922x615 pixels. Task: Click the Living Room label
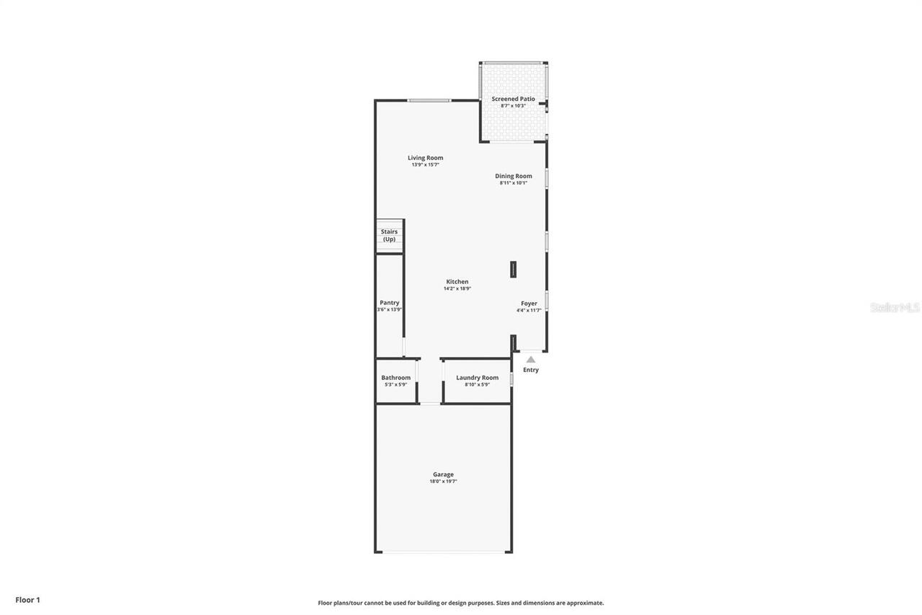[x=425, y=158]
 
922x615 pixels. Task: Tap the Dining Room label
[x=513, y=176]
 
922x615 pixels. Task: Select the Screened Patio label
[x=513, y=99]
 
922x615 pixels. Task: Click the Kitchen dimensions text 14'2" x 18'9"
[x=457, y=288]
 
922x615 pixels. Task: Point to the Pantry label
[x=389, y=303]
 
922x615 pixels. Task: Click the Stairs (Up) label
[x=389, y=235]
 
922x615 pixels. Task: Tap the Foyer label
[x=529, y=304]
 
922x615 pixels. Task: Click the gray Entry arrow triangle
[x=531, y=359]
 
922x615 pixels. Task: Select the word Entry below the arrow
[x=531, y=370]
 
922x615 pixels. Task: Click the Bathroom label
[x=395, y=378]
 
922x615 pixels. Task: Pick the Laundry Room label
[x=477, y=378]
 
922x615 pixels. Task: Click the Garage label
[x=443, y=474]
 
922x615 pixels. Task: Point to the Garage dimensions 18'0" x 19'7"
[x=443, y=482]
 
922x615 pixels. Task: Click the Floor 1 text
[x=27, y=600]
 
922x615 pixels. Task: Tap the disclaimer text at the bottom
[x=461, y=603]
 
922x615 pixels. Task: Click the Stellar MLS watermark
[x=895, y=308]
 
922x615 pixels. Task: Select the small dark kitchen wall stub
[x=513, y=270]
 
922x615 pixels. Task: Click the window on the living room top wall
[x=429, y=100]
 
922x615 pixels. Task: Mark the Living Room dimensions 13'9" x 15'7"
[x=425, y=165]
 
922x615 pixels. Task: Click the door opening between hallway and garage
[x=430, y=404]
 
